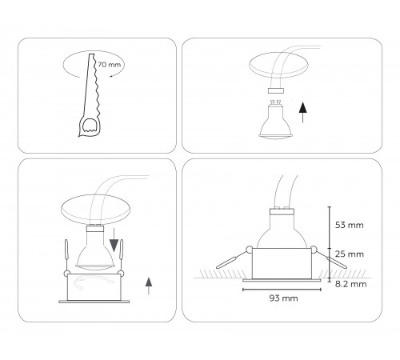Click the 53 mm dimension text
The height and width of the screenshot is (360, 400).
(x=351, y=225)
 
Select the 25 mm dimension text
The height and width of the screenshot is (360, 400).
(x=351, y=254)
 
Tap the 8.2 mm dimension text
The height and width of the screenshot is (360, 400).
(x=351, y=283)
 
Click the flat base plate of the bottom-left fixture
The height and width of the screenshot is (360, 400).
(x=90, y=302)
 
